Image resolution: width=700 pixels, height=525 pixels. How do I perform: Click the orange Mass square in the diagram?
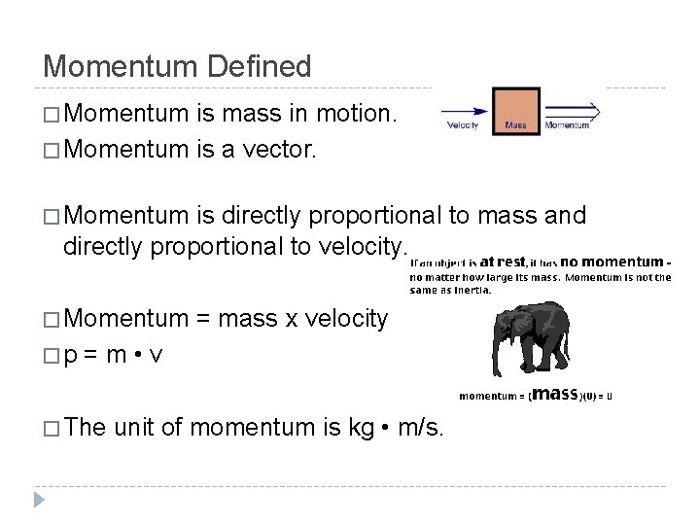point(515,110)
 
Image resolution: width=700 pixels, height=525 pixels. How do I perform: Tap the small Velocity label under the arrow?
point(462,125)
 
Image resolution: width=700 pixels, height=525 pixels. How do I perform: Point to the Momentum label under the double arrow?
point(567,125)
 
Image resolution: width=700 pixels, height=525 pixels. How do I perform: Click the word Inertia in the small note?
point(470,289)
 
